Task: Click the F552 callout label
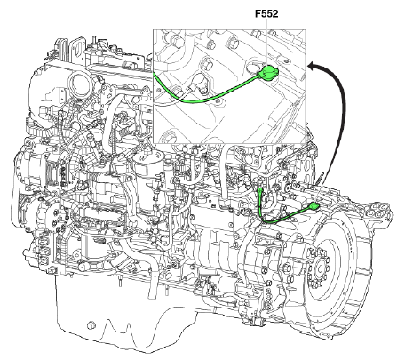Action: (x=266, y=13)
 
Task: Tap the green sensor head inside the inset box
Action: (x=269, y=72)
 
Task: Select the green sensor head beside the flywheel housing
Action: (x=314, y=206)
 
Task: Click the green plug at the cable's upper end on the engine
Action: (x=260, y=190)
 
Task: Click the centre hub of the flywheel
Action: (x=319, y=268)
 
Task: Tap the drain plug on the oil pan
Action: (x=91, y=325)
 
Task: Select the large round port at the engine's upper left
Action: (x=79, y=84)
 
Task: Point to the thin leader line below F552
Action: (x=266, y=42)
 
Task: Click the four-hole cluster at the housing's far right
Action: (x=378, y=210)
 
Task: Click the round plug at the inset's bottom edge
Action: (x=168, y=137)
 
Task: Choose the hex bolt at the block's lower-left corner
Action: (x=52, y=270)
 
